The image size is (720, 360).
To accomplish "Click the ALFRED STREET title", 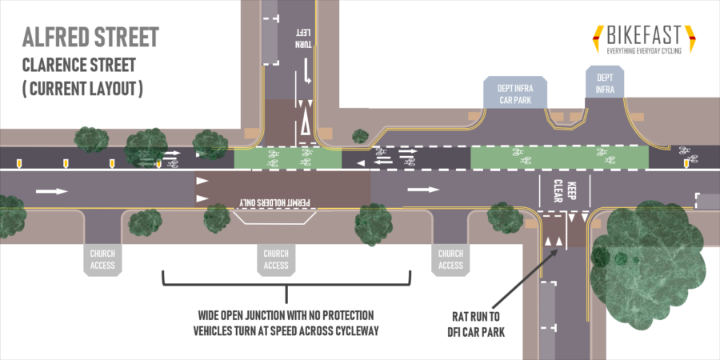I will pyautogui.click(x=90, y=37).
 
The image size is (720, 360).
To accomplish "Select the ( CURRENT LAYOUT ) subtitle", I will pyautogui.click(x=82, y=88).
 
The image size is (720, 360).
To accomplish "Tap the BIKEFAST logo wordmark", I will pyautogui.click(x=643, y=35).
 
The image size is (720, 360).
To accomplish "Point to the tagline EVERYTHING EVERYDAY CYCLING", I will pyautogui.click(x=643, y=51).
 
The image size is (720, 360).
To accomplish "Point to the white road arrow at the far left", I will pyautogui.click(x=50, y=190).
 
